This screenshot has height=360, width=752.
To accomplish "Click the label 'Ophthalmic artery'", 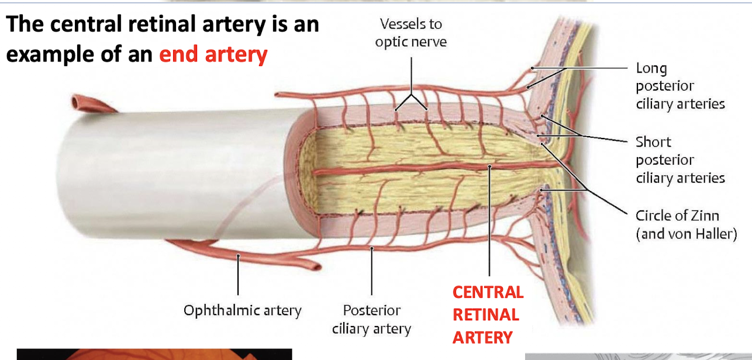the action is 242,310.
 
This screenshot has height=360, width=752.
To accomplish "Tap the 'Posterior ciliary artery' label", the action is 371,319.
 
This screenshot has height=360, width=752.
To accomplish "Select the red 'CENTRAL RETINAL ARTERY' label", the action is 487,314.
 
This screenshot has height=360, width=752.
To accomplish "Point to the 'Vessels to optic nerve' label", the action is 411,33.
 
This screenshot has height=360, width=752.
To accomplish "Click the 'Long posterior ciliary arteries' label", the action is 679,86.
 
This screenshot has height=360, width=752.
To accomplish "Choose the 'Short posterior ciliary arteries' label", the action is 679,160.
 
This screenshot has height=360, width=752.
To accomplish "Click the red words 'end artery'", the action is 213,54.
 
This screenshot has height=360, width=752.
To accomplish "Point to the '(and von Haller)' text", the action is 686,234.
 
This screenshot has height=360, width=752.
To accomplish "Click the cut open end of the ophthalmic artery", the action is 315,268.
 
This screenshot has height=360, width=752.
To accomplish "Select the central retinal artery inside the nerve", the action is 409,170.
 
